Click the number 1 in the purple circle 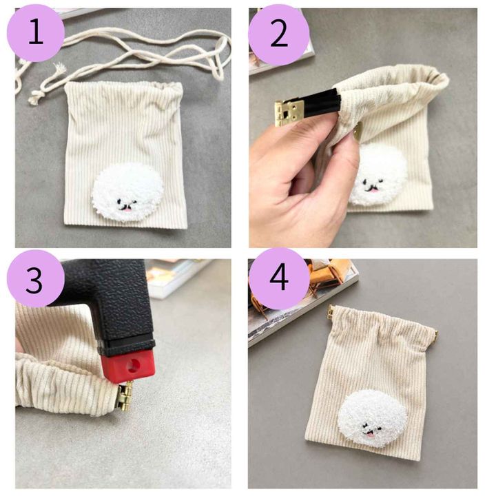(36, 32)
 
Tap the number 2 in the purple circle (279, 35)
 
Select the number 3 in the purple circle (34, 280)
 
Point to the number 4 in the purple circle (279, 278)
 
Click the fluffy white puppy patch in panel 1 (128, 192)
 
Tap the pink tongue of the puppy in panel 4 (370, 437)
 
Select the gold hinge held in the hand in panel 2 (287, 113)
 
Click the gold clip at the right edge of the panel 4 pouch (435, 333)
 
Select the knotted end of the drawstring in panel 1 (35, 97)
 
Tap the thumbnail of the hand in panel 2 (357, 132)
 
